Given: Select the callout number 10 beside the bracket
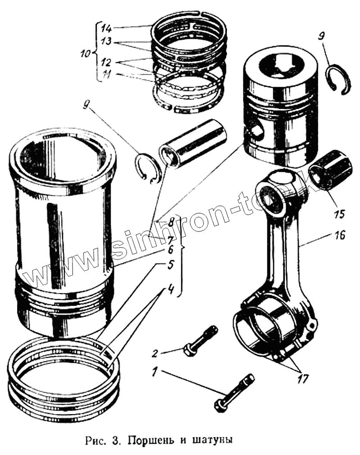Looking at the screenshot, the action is point(85,53).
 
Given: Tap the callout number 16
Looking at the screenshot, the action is point(340,235).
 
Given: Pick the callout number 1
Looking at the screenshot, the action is point(155,372).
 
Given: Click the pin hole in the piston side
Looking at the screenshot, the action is point(257,131).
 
